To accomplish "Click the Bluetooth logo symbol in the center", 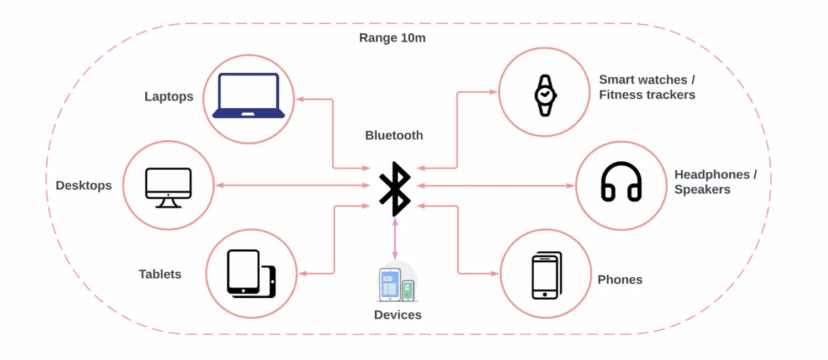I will click(395, 188).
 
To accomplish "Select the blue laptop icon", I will click(249, 96).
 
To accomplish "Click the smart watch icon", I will click(545, 96).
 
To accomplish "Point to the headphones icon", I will click(621, 182).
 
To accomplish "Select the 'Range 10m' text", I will click(392, 38).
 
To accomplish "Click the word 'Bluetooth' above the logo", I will click(394, 135).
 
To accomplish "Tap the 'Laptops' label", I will click(169, 97).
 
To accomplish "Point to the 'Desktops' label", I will click(84, 186).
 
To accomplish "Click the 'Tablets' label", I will click(160, 274).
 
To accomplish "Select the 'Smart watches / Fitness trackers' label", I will click(647, 87).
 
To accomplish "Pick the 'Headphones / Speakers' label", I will click(715, 182).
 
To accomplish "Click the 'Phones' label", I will click(620, 279).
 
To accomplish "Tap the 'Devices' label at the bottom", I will click(397, 315).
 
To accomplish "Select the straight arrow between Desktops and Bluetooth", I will click(293, 186).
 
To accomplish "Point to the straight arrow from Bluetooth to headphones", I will click(497, 186).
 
